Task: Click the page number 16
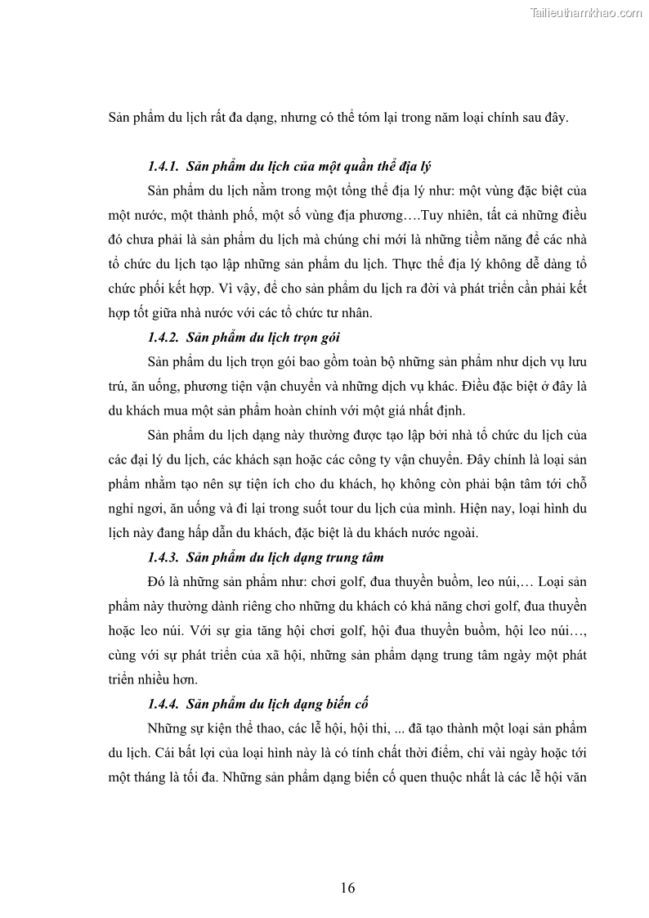click(348, 889)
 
